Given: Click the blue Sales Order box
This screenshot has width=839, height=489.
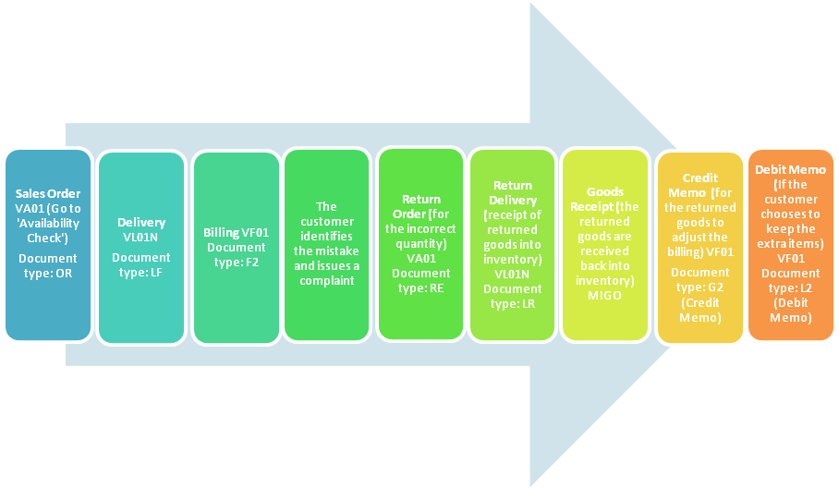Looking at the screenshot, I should point(48,246).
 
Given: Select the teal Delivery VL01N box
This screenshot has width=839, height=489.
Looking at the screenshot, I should point(141,246).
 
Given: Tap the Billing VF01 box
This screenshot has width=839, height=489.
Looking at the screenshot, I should point(236,246).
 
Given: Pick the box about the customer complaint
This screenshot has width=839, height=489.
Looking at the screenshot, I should point(326,244).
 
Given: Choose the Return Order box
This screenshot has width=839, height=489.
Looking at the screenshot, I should point(420,244).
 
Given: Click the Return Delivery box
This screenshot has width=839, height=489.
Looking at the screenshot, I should point(513,244).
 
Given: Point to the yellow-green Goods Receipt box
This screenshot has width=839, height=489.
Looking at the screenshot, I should point(604,246).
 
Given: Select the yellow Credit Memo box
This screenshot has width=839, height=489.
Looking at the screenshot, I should point(699,246).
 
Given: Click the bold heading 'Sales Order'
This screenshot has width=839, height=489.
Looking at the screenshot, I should point(48,194).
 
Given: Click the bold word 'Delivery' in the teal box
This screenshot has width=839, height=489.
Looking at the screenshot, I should point(141,223).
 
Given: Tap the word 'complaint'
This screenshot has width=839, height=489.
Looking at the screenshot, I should point(326,280).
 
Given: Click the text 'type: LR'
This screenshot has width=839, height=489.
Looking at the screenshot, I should point(513,304).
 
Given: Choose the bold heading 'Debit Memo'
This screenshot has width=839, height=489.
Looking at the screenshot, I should point(792,170).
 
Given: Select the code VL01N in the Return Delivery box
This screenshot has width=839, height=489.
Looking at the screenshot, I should point(513,275).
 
